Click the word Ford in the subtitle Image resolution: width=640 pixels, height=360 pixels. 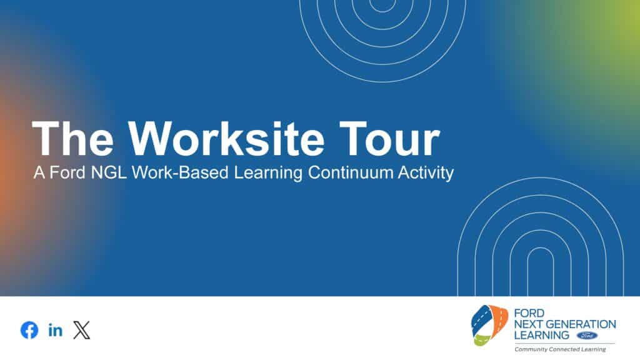(61, 173)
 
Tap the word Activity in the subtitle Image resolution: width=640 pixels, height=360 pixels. (426, 173)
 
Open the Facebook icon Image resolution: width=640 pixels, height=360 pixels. (29, 330)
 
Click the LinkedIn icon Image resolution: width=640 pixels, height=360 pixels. (56, 330)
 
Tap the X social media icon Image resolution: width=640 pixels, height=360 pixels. (82, 330)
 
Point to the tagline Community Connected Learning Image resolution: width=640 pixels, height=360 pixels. (559, 349)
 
